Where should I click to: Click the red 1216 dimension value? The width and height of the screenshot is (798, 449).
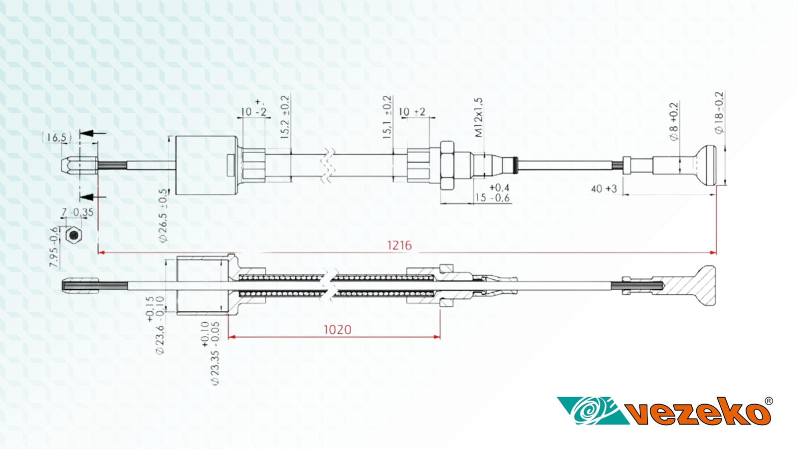tap(399, 245)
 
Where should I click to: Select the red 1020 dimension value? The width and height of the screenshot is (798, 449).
tap(337, 330)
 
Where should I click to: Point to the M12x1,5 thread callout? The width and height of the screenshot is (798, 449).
tap(479, 118)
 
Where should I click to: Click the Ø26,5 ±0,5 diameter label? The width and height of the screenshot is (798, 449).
tap(164, 216)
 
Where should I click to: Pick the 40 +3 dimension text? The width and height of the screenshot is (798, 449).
tap(603, 189)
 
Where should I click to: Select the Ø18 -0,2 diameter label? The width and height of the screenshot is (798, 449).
tap(719, 113)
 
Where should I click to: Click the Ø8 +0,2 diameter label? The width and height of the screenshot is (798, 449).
tap(674, 122)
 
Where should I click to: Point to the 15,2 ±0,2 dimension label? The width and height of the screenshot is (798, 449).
tap(285, 117)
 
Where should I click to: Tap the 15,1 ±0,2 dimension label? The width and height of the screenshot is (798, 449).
tap(387, 117)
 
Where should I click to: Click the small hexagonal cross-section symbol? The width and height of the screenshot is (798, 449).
tap(74, 235)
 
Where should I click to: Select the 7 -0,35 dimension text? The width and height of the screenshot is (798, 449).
tap(77, 213)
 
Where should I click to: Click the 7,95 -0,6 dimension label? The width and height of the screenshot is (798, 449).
tap(54, 247)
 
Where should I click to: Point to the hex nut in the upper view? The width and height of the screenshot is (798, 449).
tap(447, 165)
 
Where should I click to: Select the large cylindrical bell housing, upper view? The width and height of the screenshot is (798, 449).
tap(206, 165)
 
